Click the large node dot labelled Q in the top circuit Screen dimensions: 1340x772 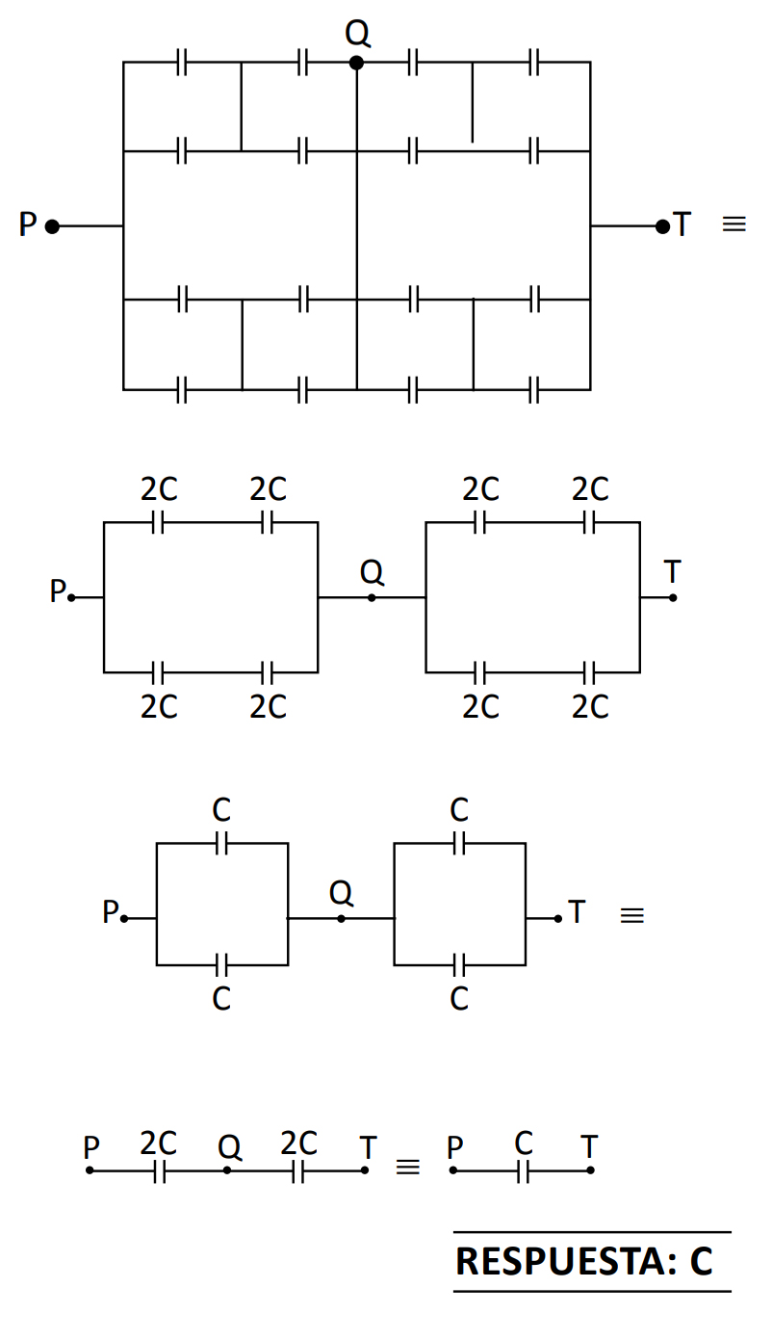356,63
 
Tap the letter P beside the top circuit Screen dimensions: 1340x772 28,225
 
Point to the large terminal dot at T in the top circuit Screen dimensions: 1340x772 662,226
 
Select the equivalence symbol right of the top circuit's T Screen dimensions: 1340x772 733,224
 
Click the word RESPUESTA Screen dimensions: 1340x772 566,1261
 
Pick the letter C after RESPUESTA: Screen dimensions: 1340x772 701,1261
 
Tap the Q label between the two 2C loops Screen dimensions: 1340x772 372,573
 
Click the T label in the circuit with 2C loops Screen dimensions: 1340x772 672,572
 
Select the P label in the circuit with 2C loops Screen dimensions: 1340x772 58,591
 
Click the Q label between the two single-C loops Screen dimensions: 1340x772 341,893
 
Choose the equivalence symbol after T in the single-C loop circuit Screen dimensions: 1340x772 631,916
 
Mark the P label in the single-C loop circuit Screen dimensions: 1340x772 111,911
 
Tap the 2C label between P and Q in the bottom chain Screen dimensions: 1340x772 158,1143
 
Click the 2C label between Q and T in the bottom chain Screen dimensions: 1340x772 298,1143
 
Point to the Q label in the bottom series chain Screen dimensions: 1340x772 229,1147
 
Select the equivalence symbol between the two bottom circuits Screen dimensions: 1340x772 408,1167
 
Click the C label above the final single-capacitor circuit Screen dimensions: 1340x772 523,1143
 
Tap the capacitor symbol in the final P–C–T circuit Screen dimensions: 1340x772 523,1170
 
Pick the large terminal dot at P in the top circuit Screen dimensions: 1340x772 52,226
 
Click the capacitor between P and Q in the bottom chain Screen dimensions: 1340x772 160,1170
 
